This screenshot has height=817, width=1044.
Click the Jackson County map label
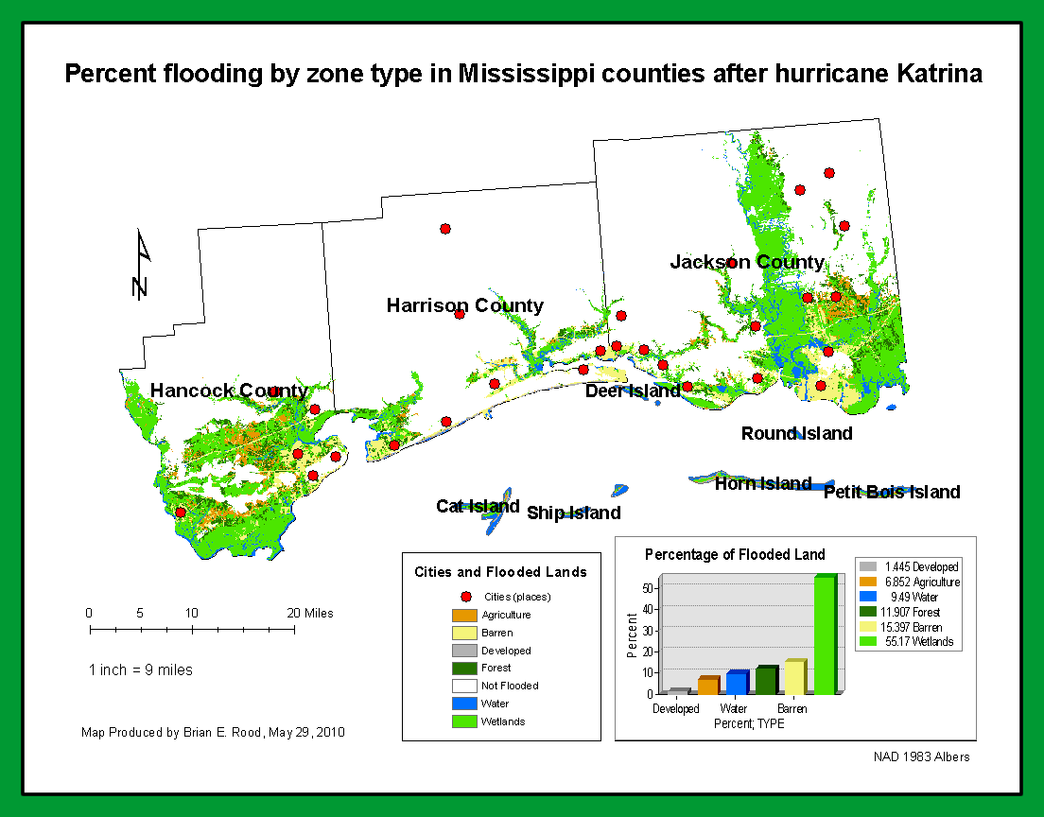coord(747,262)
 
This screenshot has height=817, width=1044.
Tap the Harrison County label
coord(464,305)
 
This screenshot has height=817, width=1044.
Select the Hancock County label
coord(229,391)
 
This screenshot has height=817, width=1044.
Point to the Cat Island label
coord(478,506)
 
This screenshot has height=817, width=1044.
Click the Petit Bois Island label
coord(891,492)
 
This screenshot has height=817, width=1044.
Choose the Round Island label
coord(796,433)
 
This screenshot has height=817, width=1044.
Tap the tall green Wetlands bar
coord(825,634)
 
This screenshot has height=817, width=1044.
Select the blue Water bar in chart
coord(737,683)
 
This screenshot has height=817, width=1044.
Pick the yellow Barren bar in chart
coord(794,677)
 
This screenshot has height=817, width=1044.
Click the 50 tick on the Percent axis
coord(648,588)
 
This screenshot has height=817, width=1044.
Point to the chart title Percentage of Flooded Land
coord(735,554)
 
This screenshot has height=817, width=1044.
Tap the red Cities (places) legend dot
coord(465,597)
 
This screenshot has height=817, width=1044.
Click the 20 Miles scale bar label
coord(310,613)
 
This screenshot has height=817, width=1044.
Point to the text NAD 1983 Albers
coord(921,756)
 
